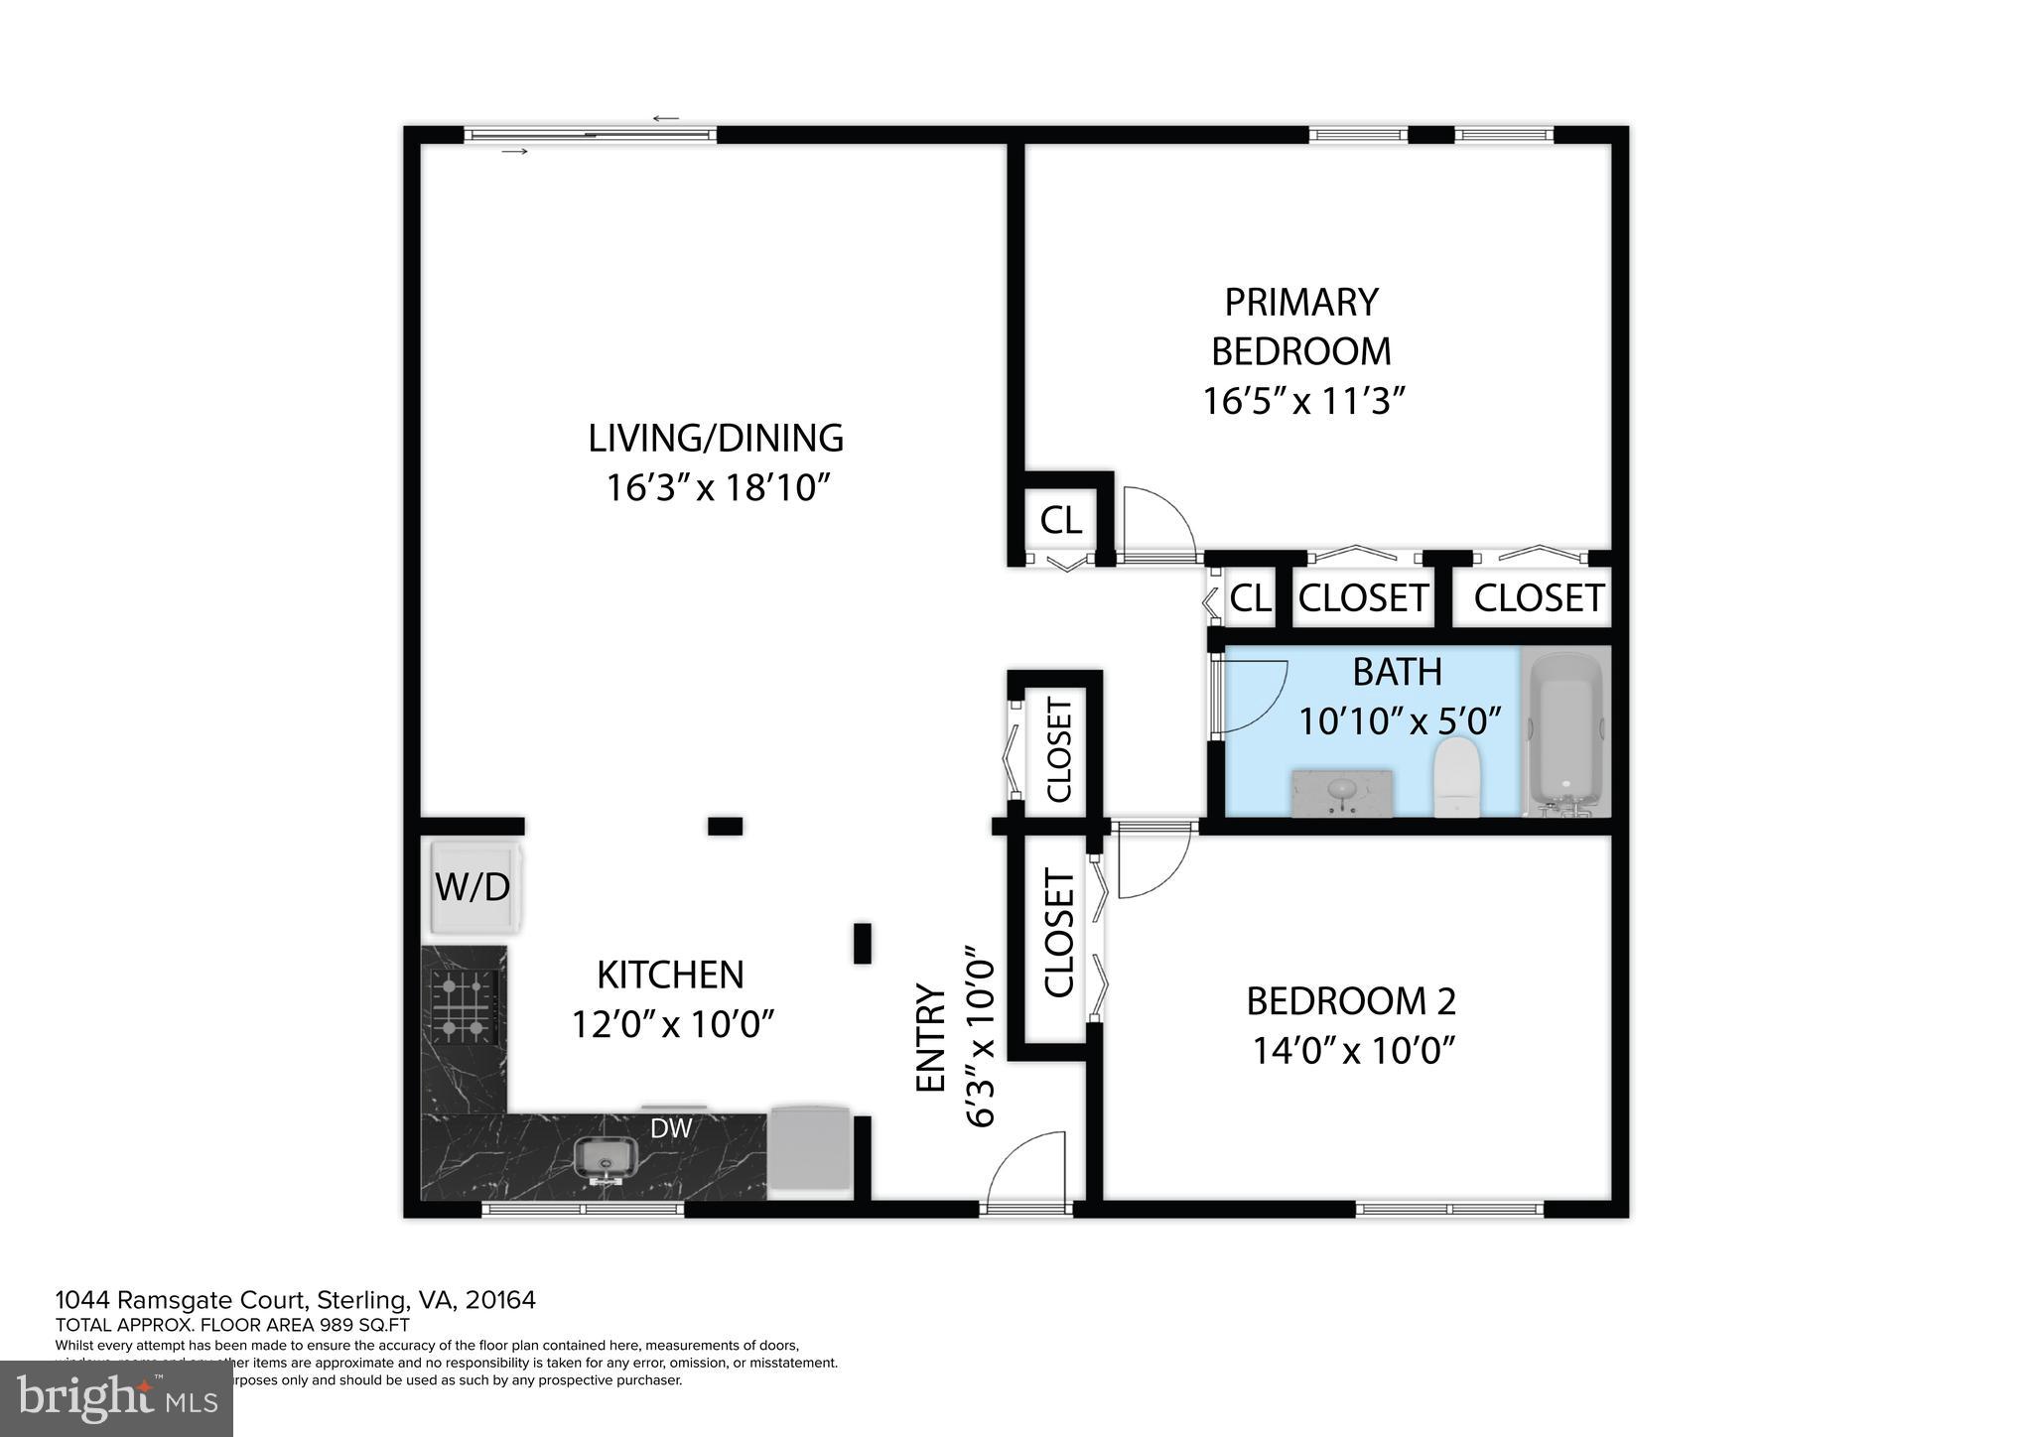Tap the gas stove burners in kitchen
click(x=463, y=1006)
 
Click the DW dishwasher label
click(x=671, y=1127)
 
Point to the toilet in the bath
click(x=1457, y=778)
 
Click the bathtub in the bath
click(x=1566, y=731)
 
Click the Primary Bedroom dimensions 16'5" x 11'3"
click(x=1304, y=402)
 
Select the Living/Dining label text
click(x=716, y=438)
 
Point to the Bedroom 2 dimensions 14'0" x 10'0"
click(x=1353, y=1050)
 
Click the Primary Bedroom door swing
click(x=1155, y=521)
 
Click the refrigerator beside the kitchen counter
click(x=810, y=1147)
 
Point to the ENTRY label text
click(x=930, y=1038)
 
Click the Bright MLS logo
click(x=117, y=1398)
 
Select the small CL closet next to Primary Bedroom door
click(x=1060, y=519)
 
